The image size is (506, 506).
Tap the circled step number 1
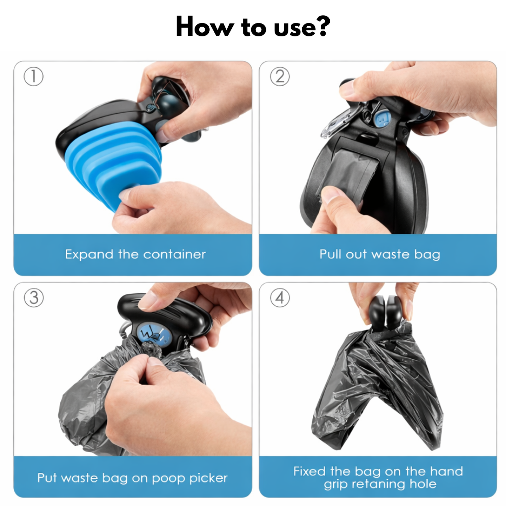34,77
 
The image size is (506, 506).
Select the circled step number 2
280,77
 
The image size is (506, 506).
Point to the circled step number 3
34,298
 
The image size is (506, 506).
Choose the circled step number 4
280,298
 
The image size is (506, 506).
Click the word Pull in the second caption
330,254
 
